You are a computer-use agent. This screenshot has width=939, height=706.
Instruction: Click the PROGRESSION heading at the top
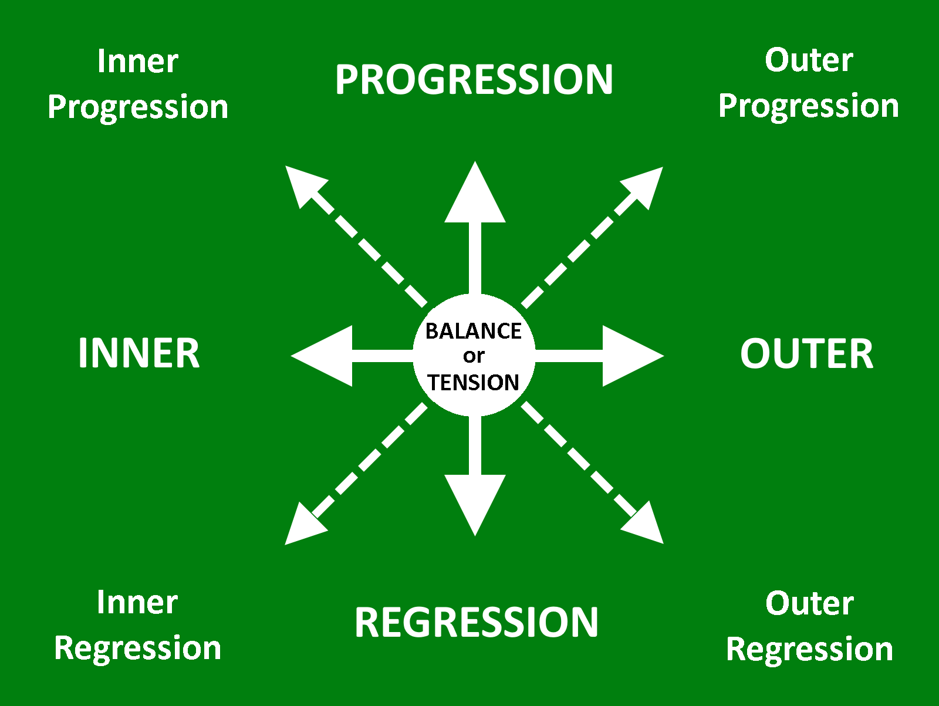pos(474,79)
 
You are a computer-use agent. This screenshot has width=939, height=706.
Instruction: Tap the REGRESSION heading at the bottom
pos(476,622)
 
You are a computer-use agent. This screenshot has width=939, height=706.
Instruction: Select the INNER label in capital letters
pos(139,353)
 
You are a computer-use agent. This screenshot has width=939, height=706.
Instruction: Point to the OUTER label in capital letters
pos(806,354)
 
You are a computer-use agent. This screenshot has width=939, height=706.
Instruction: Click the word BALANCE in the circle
pos(473,331)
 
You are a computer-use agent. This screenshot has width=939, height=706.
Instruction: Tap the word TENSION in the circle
pos(474,382)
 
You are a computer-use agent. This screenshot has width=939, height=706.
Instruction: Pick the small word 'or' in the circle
pos(474,356)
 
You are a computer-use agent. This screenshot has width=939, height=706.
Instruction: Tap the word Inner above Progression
pos(137,61)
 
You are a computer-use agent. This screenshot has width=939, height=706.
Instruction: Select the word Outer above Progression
pos(809,60)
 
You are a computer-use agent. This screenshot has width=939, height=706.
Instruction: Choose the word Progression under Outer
pos(809,107)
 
